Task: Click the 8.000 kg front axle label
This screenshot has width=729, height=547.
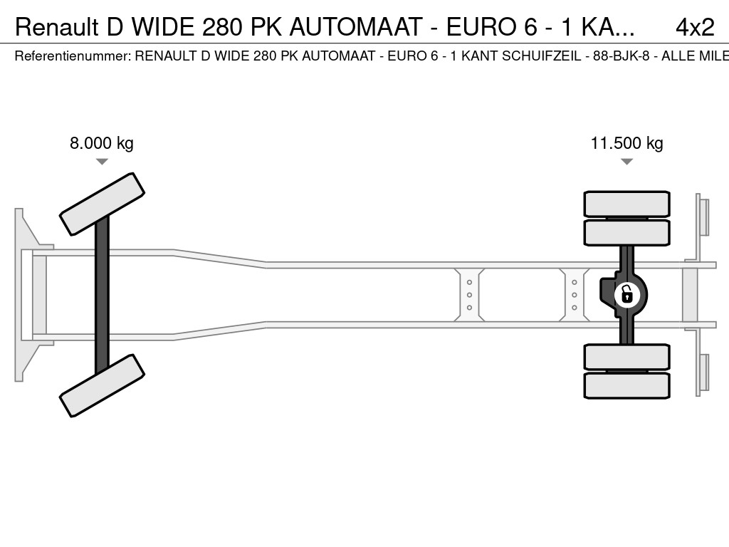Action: pyautogui.click(x=101, y=143)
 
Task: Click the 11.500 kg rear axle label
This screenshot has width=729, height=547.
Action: pyautogui.click(x=626, y=143)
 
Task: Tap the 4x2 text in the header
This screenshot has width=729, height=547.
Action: pyautogui.click(x=694, y=27)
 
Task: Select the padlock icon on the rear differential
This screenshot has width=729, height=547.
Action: pyautogui.click(x=626, y=293)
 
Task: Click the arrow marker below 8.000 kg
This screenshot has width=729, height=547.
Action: pyautogui.click(x=102, y=162)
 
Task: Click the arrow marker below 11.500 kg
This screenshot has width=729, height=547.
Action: pyautogui.click(x=626, y=162)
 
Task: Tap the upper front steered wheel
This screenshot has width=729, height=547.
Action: pyautogui.click(x=102, y=204)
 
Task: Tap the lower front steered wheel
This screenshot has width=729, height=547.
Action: pyautogui.click(x=102, y=385)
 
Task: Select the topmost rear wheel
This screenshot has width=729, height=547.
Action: pyautogui.click(x=626, y=204)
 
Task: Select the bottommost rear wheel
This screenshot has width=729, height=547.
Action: pyautogui.click(x=626, y=385)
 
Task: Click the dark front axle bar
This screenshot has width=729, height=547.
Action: pyautogui.click(x=102, y=293)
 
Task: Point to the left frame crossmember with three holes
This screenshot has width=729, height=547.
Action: pyautogui.click(x=470, y=294)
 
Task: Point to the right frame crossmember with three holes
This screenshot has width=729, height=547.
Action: pyautogui.click(x=574, y=294)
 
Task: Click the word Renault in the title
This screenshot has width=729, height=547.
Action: pyautogui.click(x=57, y=27)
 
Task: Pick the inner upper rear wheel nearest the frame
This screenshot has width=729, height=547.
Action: pyautogui.click(x=626, y=232)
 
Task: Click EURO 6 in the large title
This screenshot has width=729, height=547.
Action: pyautogui.click(x=491, y=27)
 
